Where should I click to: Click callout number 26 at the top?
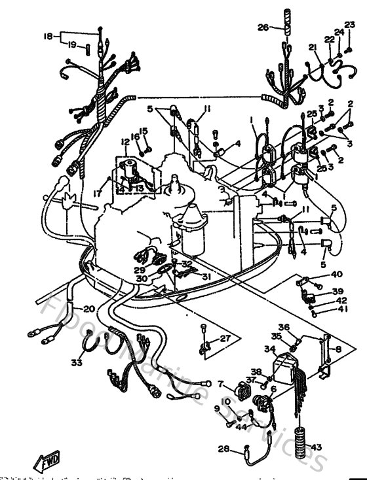pyautogui.click(x=262, y=28)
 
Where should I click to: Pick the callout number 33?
pyautogui.click(x=77, y=362)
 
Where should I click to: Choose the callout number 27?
pyautogui.click(x=225, y=338)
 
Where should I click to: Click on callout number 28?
pyautogui.click(x=223, y=449)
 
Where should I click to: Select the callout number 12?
pyautogui.click(x=125, y=142)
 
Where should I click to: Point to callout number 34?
pyautogui.click(x=270, y=349)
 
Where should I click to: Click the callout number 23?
pyautogui.click(x=350, y=25)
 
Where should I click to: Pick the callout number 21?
pyautogui.click(x=313, y=47)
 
